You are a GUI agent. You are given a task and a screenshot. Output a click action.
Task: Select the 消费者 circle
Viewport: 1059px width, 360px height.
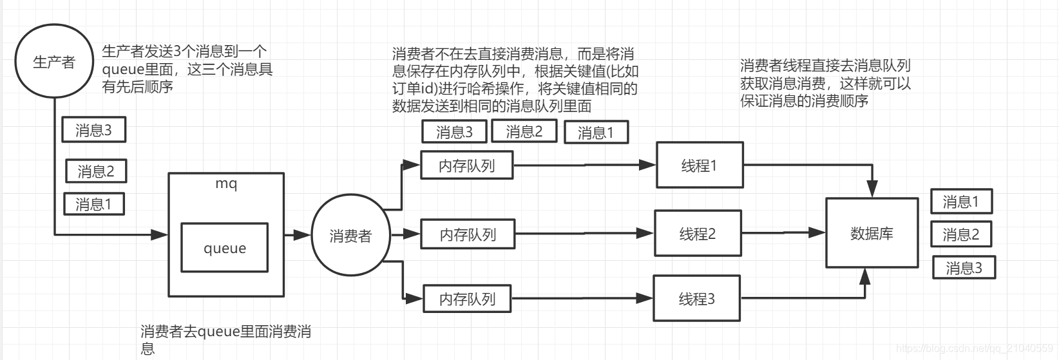coord(350,236)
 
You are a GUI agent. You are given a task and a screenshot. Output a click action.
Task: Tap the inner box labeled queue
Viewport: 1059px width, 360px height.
coord(224,248)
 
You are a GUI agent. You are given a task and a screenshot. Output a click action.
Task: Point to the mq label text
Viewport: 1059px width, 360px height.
coord(226,184)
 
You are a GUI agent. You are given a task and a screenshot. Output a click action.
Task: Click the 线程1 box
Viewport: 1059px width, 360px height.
coord(700,166)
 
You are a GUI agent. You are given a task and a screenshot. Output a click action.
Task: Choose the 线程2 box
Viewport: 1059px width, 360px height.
coord(698,234)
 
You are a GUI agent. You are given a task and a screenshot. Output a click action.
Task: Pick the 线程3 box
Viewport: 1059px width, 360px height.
coord(696,299)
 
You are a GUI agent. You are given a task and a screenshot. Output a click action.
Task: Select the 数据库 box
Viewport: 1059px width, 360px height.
coord(872,233)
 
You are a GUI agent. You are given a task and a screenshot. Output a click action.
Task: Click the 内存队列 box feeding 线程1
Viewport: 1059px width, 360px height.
coord(466,166)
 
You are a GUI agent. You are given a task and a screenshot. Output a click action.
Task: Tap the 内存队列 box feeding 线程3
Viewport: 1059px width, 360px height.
coord(467,299)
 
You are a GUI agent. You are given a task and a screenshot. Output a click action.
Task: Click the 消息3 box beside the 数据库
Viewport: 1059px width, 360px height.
coord(964,267)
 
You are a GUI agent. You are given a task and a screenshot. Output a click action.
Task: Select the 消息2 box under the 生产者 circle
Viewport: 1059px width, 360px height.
coord(96,171)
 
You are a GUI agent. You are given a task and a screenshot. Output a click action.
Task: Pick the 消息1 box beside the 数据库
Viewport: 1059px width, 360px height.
coord(961,202)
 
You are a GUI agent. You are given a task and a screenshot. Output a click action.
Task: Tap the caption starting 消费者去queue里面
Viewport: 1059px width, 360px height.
coord(225,339)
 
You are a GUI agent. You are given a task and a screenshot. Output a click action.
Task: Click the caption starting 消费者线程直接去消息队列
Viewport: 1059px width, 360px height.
coord(825,83)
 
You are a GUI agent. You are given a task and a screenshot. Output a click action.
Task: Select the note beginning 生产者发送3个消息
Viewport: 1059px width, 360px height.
coord(187,69)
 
